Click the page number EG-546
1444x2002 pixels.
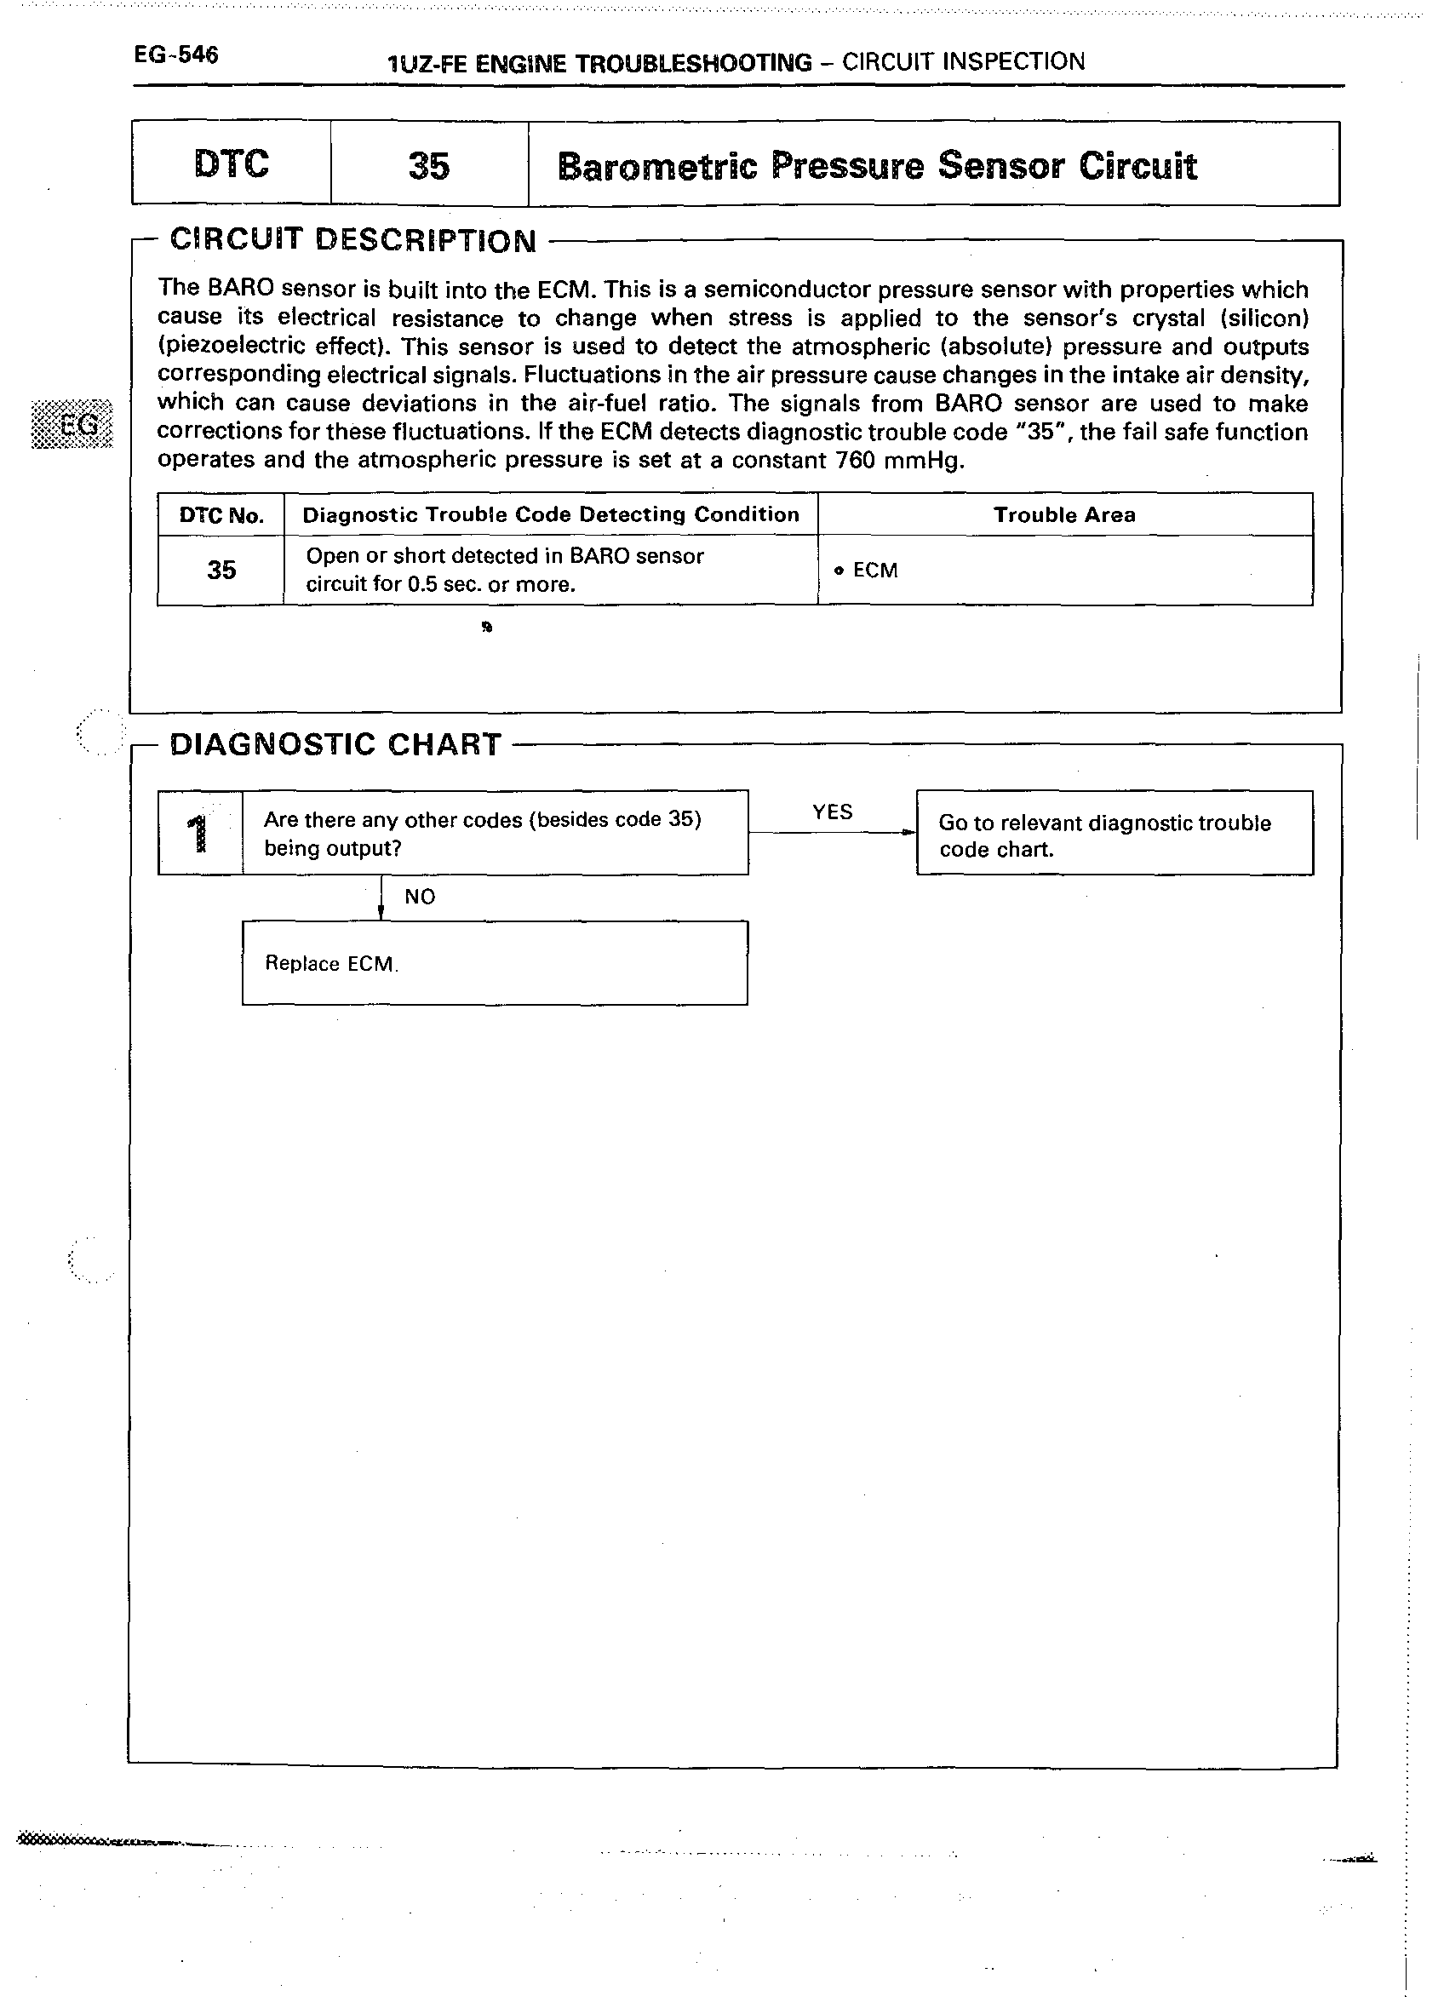tap(175, 54)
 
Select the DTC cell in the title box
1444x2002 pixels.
tap(232, 164)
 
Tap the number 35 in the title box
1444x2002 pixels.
tap(429, 166)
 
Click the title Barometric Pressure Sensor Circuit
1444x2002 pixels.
tap(876, 166)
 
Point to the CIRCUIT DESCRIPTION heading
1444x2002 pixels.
tap(353, 240)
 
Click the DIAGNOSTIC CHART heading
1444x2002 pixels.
tap(335, 744)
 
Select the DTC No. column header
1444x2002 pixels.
tap(221, 515)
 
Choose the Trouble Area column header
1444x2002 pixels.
tap(1064, 514)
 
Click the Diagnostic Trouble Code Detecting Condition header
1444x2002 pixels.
tap(551, 514)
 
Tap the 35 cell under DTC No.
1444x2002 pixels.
tap(221, 571)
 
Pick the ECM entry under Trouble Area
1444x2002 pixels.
tap(874, 571)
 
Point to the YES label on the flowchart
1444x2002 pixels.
tap(833, 812)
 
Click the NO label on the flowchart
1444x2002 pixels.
tap(419, 897)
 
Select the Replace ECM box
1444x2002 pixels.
tap(495, 963)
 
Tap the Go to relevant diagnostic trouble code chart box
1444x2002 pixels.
tap(1114, 834)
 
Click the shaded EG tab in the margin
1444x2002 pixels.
tap(73, 425)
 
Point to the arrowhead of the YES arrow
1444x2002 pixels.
tap(910, 833)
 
